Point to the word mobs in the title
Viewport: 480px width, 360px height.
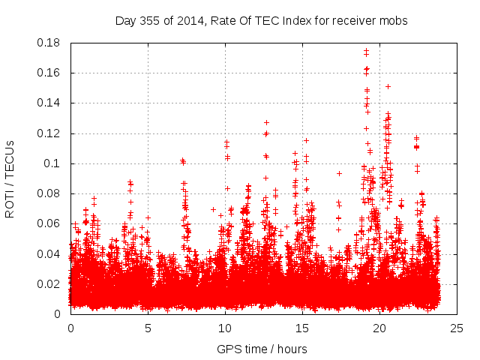(394, 21)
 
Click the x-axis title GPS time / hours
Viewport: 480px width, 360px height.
(262, 349)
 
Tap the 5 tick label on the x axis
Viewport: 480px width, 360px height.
(148, 328)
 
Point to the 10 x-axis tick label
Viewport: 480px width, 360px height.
(225, 328)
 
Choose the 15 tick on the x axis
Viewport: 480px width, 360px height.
(302, 328)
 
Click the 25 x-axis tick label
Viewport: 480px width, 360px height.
(457, 328)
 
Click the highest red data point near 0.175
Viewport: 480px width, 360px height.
(366, 51)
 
